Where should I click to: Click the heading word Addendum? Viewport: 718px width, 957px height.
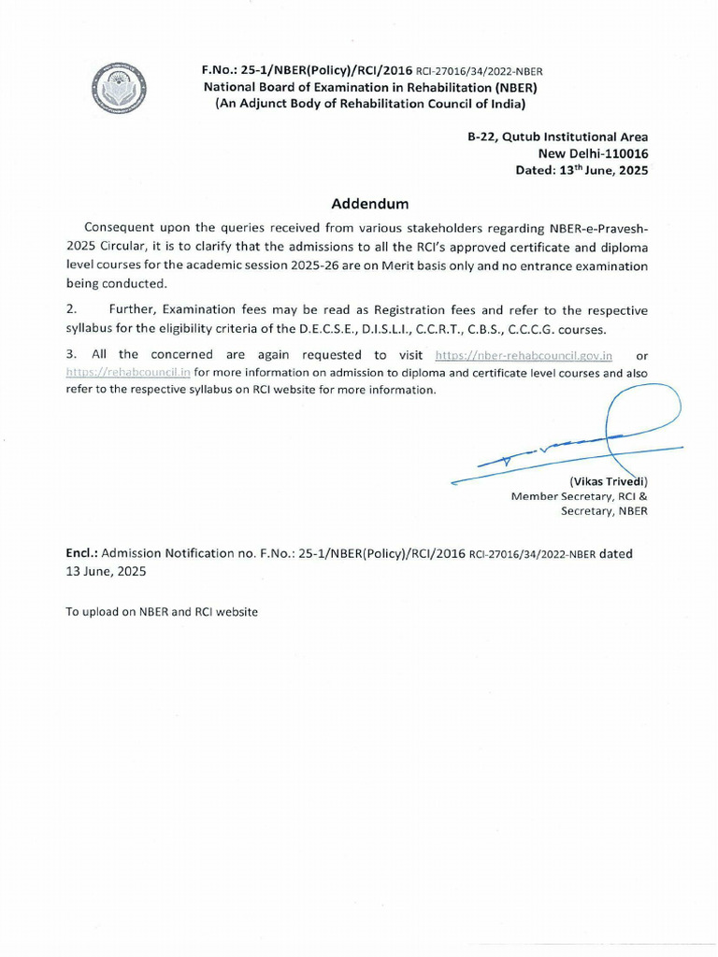pos(370,204)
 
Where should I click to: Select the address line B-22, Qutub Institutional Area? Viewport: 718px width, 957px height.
pos(557,137)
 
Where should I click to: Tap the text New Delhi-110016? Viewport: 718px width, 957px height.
pos(593,154)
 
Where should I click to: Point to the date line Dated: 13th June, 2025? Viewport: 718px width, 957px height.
pos(582,171)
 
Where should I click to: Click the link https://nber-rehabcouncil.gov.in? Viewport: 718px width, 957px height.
pos(524,355)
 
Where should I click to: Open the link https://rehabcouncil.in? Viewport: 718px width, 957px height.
pos(128,372)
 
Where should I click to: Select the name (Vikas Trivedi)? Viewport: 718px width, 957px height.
pos(608,481)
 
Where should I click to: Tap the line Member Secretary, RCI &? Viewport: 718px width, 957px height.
pos(579,496)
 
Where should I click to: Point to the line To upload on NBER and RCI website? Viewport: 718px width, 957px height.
pos(161,611)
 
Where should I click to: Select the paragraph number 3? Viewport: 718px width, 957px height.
pos(70,355)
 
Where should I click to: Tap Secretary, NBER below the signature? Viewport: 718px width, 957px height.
pos(604,511)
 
